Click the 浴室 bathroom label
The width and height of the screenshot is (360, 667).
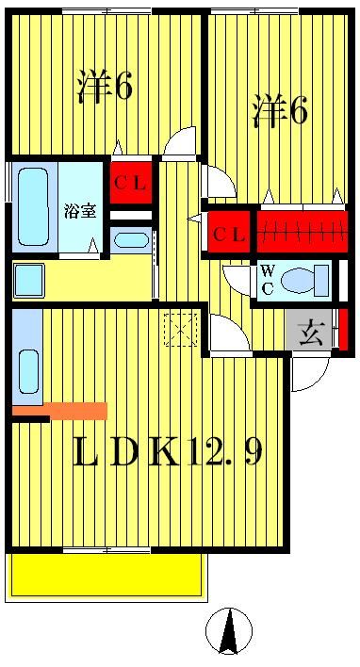click(x=79, y=210)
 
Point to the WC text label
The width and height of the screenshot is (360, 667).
click(x=268, y=280)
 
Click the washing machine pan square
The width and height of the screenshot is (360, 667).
click(x=29, y=280)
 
